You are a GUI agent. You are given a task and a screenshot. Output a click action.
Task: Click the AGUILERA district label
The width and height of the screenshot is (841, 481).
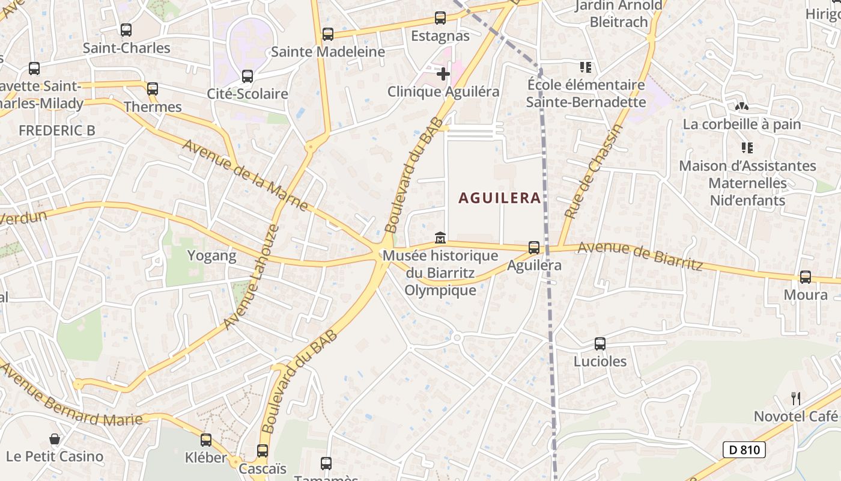499,198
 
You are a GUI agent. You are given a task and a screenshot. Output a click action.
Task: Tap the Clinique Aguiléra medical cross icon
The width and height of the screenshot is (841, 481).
443,74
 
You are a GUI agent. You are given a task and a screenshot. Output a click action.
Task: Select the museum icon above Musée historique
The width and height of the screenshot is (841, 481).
440,238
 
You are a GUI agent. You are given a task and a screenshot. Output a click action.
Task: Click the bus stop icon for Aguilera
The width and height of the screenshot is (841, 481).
533,247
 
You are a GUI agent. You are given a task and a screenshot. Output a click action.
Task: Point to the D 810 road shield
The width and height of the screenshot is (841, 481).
744,449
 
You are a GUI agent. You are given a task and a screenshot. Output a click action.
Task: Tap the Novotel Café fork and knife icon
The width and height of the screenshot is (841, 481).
796,398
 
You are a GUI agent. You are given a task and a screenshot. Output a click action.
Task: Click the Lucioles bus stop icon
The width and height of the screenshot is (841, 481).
600,344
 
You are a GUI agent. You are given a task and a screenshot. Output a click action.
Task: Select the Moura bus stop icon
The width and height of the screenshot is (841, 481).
805,277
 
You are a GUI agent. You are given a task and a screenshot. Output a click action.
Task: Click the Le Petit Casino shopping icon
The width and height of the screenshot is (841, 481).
55,439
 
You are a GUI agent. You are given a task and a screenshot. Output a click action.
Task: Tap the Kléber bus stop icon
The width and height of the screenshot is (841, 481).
206,440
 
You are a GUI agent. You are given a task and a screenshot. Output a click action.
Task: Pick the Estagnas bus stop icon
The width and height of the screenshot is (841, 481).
440,18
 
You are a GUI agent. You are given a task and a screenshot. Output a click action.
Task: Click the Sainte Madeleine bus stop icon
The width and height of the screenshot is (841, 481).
327,34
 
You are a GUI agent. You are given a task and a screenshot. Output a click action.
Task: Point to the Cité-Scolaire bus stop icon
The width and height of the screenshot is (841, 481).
247,76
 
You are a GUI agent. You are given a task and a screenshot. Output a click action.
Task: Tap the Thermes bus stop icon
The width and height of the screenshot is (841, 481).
153,89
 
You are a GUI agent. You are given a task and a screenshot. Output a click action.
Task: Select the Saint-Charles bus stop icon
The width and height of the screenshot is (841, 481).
126,30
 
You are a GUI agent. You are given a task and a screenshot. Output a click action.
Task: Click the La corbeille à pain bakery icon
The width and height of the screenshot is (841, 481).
741,106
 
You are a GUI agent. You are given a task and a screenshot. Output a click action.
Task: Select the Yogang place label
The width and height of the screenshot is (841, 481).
211,256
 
